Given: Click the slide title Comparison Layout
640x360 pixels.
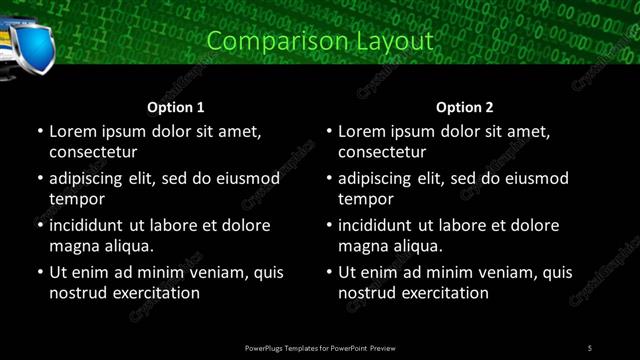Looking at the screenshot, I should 320,41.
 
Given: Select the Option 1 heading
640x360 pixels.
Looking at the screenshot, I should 176,107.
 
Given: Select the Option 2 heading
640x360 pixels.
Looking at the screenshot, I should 465,107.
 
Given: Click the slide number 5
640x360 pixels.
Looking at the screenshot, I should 590,347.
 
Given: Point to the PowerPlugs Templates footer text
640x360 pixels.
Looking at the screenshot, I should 320,347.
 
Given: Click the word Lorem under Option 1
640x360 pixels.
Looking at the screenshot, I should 72,131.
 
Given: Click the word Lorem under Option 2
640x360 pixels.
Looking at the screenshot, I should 361,131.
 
